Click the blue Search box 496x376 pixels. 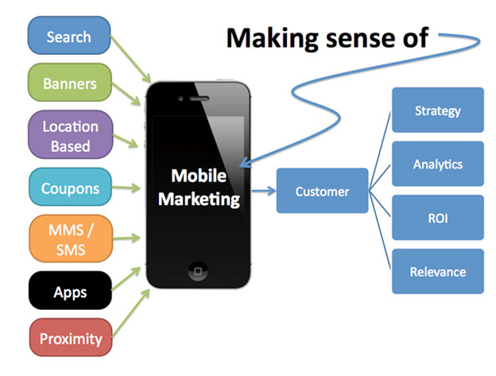coord(69,36)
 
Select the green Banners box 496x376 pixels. coord(70,83)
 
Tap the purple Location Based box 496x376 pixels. coord(71,134)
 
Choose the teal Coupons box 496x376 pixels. coord(70,187)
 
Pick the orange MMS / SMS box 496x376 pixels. coord(71,238)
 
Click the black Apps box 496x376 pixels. coord(70,290)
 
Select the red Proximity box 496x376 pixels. coord(71,337)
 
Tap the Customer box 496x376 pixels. coord(323,191)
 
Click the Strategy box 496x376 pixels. coord(438,110)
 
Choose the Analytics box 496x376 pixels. coord(438,164)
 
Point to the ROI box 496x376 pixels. coord(438,218)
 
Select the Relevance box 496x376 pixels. coord(438,271)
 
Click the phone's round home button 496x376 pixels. coord(198,271)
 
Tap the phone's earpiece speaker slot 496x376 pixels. coord(199,99)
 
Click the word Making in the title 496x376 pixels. coord(272,39)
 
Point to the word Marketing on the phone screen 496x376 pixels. coord(199,200)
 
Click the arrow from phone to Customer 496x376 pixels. coord(264,191)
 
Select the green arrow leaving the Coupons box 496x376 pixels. coord(126,188)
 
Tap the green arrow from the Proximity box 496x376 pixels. coord(131,312)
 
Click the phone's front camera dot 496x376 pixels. coord(180,99)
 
